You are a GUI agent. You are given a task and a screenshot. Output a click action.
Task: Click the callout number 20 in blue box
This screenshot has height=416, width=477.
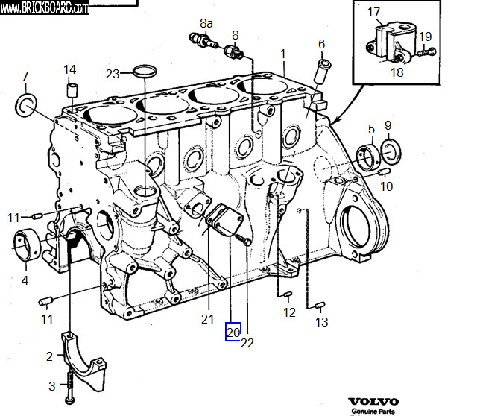[233, 332]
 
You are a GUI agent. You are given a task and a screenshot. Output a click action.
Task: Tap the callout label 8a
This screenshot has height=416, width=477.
[206, 23]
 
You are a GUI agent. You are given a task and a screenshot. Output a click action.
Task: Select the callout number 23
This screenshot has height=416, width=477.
[113, 74]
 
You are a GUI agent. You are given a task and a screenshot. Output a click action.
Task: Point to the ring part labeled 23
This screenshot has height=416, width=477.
[145, 72]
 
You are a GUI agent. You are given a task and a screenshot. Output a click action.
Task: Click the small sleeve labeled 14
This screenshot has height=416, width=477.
[72, 90]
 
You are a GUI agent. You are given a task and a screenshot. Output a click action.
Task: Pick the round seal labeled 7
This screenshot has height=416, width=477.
[26, 105]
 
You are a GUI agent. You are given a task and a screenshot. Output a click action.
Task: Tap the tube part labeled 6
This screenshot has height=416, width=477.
[321, 72]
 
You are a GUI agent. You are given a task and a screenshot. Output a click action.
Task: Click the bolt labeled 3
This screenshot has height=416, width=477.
[70, 386]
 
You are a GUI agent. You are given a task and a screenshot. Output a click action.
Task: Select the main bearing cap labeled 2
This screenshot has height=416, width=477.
[84, 362]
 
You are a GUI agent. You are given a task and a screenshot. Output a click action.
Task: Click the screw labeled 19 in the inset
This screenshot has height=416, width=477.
[426, 51]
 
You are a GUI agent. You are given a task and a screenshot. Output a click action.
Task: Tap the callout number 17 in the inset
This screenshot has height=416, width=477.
[373, 12]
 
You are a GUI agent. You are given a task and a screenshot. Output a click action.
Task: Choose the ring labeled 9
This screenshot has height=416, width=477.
[391, 152]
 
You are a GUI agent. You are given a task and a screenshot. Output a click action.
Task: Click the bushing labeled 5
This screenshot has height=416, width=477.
[369, 157]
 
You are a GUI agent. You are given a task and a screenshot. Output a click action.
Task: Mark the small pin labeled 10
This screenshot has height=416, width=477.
[385, 172]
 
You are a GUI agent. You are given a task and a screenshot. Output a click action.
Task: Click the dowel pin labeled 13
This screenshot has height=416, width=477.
[320, 305]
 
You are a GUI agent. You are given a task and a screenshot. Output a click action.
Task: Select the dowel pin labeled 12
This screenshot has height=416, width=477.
[288, 294]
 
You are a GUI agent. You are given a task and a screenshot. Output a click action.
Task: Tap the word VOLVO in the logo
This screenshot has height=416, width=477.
[373, 402]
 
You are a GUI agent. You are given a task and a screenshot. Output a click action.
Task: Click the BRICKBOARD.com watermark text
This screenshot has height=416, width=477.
[45, 8]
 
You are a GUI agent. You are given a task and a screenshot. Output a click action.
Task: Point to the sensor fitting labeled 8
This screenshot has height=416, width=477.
[234, 51]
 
